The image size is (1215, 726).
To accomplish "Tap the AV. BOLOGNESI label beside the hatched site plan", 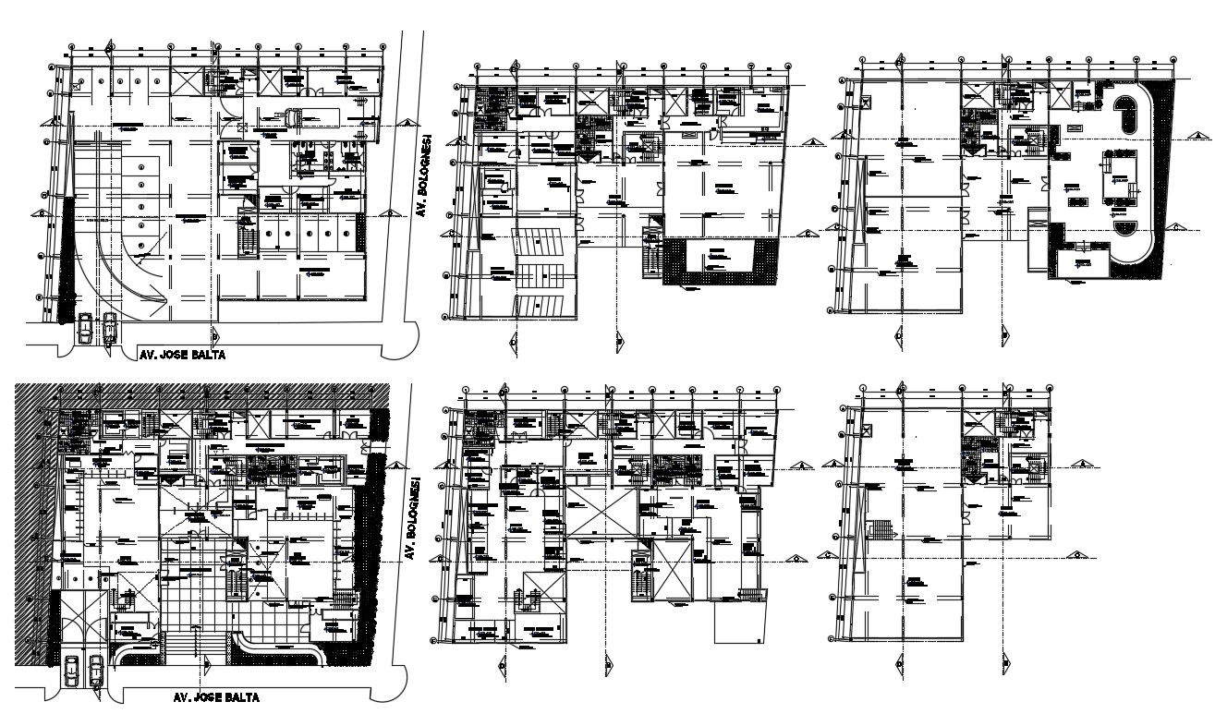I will (x=407, y=519).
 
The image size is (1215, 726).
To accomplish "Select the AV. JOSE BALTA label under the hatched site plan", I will (x=216, y=698).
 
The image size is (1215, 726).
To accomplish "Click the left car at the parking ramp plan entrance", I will (x=86, y=328).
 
